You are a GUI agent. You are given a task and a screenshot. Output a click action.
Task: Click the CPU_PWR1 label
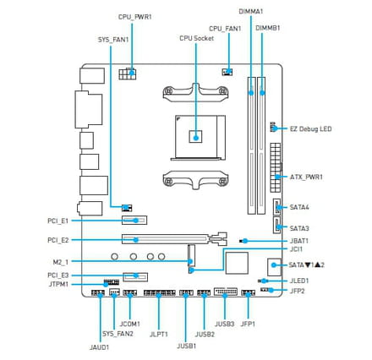click(134, 17)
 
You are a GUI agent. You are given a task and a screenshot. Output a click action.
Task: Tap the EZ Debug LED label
click(310, 129)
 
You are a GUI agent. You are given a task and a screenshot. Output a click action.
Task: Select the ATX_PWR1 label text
click(306, 177)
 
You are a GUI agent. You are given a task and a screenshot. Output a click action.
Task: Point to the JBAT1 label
click(299, 241)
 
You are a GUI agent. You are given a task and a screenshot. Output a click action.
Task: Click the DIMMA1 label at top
click(251, 12)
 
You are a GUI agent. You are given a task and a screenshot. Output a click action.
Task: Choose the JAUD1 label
click(99, 347)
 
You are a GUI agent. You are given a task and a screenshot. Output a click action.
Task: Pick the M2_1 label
click(61, 262)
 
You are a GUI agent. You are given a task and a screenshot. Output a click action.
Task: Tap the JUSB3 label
click(225, 324)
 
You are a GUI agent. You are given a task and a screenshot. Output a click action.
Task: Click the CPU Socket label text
click(196, 38)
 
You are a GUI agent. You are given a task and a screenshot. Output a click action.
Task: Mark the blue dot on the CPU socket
click(196, 138)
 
